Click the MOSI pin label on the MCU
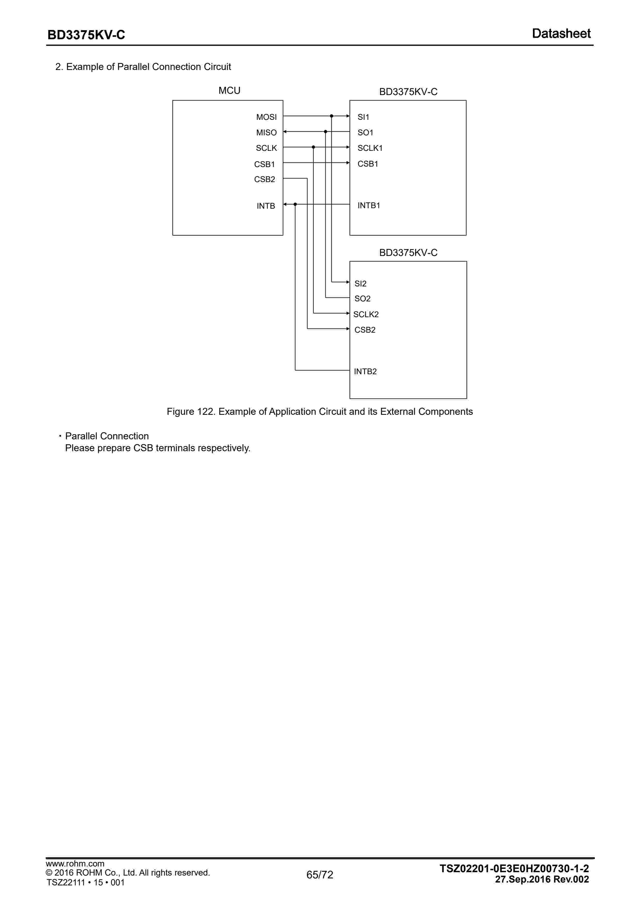coord(266,117)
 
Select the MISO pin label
coord(266,132)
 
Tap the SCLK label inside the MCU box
coord(266,148)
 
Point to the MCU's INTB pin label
coord(266,206)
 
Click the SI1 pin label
coord(363,117)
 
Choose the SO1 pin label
coord(365,132)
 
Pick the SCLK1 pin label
coord(370,148)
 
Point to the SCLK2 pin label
coord(366,314)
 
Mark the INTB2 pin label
coord(365,371)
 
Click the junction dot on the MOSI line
coord(331,116)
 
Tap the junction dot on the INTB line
coord(295,204)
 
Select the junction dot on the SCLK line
coord(313,147)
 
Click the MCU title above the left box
coord(229,91)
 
